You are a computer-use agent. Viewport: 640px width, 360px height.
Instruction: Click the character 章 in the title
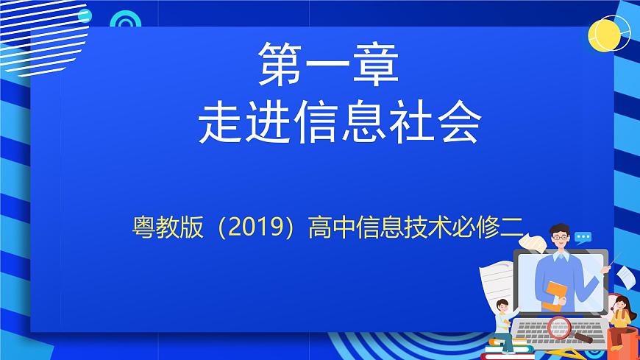click(376, 64)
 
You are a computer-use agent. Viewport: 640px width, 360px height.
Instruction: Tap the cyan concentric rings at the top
click(125, 20)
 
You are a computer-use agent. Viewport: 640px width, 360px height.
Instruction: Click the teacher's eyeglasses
click(561, 238)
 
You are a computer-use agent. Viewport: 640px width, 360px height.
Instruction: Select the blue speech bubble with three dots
click(584, 238)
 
